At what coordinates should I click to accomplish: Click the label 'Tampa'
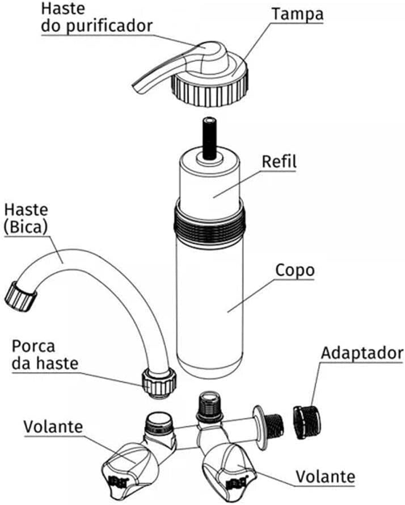297,14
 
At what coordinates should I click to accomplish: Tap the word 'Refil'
279,161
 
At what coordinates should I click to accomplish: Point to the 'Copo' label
294,270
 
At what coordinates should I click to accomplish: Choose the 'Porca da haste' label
44,354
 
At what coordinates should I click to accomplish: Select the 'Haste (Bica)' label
26,219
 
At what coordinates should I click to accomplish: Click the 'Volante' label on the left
53,426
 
